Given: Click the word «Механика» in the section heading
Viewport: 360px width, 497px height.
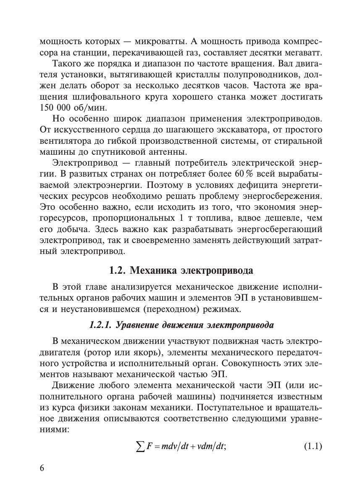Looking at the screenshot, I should pyautogui.click(x=153, y=270).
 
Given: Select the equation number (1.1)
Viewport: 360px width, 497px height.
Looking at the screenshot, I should pyautogui.click(x=313, y=445).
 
